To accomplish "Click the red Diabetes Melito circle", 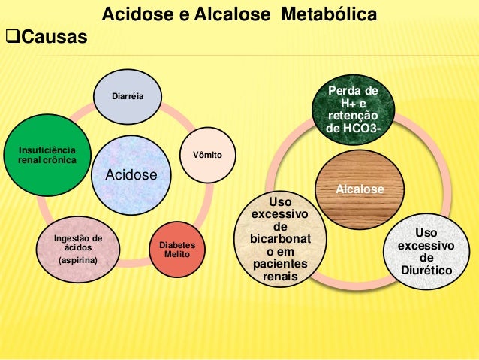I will coord(179,250).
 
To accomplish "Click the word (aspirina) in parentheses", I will coord(78,261).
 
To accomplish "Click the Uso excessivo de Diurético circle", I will coord(425,252).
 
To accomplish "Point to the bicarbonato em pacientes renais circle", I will coord(280,241).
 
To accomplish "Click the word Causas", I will coord(53,36).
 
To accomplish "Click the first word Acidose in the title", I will coord(133,14).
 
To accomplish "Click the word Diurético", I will coord(425,270).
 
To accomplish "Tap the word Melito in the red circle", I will coord(179,256).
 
